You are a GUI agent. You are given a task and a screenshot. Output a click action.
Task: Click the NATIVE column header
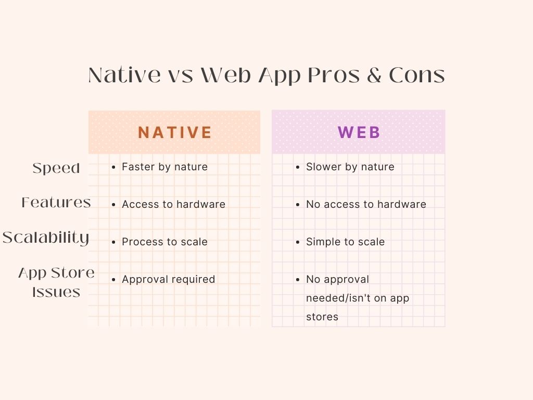[175, 132]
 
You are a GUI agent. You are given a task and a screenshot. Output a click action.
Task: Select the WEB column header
[359, 132]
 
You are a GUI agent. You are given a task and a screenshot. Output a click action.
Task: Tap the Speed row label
[56, 168]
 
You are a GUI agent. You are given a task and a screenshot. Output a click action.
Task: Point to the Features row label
[56, 203]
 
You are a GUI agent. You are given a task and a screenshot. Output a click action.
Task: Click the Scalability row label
[46, 238]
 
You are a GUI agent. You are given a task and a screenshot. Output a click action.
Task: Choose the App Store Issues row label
[56, 282]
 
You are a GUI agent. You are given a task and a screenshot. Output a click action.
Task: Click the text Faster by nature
[164, 167]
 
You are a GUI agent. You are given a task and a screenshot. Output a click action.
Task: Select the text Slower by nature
[350, 167]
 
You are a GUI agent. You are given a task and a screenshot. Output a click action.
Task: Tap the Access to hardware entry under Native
[173, 204]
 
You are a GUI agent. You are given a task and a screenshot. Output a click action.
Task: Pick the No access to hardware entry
[366, 204]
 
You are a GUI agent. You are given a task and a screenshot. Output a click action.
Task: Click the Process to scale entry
[164, 242]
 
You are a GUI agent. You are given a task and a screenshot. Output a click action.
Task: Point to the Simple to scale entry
[346, 242]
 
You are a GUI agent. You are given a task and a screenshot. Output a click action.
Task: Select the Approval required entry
[168, 279]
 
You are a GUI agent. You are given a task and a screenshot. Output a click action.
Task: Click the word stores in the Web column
[322, 317]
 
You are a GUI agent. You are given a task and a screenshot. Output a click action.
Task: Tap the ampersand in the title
[374, 75]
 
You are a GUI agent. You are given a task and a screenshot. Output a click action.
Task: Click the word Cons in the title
[417, 75]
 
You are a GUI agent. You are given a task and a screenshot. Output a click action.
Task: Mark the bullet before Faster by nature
[113, 167]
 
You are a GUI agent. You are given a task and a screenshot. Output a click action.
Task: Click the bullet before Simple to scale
[298, 242]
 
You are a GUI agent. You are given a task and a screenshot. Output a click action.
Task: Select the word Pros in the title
[334, 75]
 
